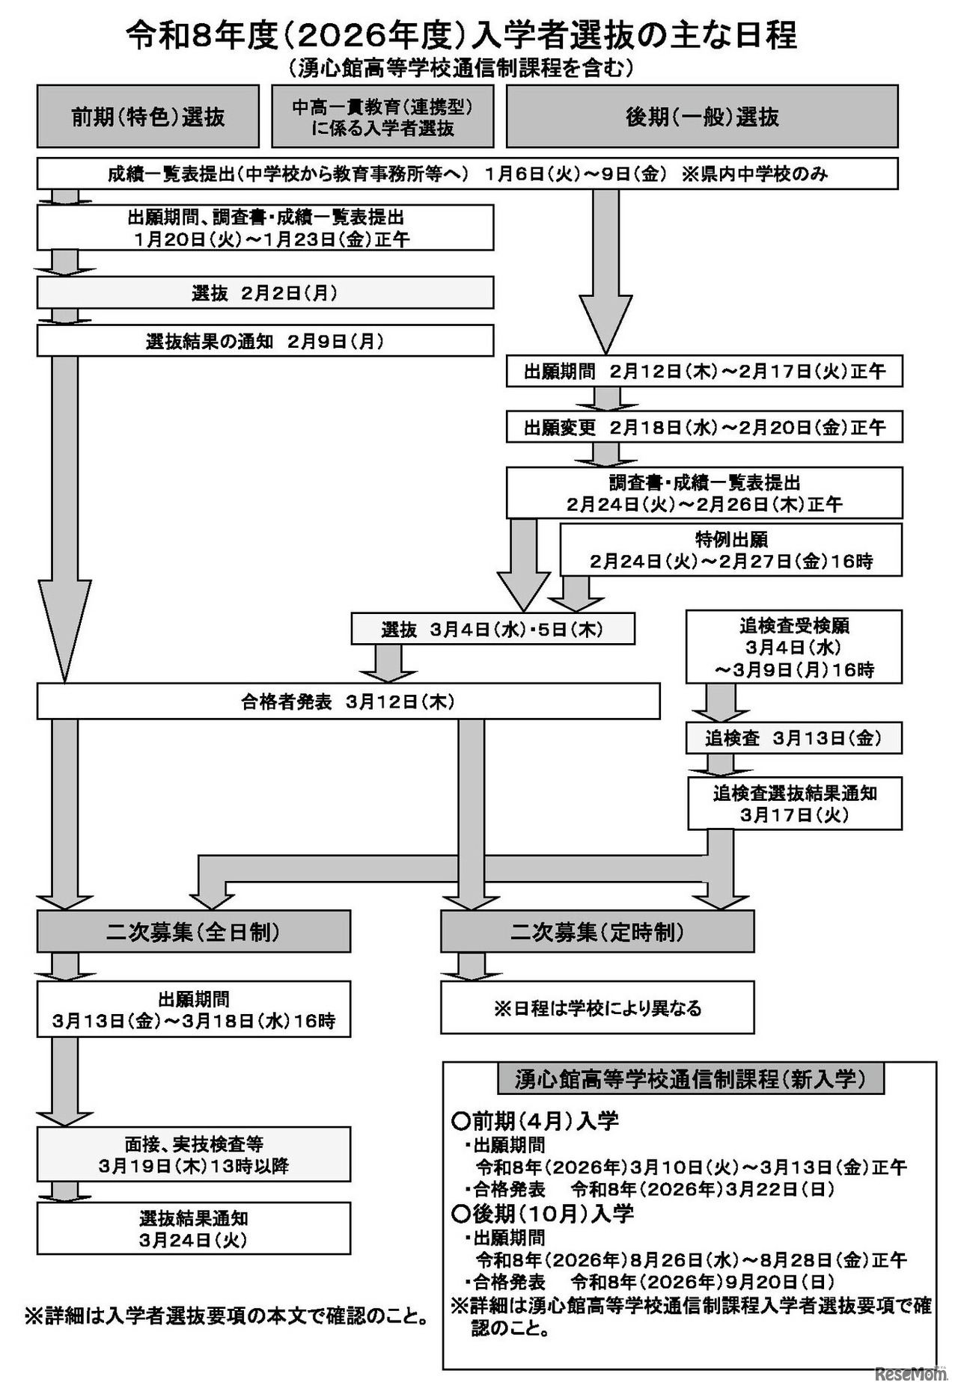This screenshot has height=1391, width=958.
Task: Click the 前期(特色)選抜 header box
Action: click(147, 117)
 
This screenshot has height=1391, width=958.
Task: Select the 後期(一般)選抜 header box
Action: click(701, 117)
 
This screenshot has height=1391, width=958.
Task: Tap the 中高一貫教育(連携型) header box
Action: click(382, 117)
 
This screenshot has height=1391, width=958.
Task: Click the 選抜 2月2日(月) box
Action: click(265, 292)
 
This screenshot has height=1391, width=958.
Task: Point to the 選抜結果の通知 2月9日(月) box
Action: click(265, 341)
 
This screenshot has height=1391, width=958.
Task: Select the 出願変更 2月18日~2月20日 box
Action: click(704, 427)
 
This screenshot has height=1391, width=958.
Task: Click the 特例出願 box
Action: click(730, 550)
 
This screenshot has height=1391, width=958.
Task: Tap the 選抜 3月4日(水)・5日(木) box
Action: click(492, 629)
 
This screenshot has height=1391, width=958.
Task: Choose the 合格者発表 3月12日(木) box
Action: click(348, 701)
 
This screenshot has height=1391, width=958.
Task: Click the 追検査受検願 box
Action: click(793, 647)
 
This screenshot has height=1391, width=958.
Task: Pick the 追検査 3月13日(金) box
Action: click(793, 738)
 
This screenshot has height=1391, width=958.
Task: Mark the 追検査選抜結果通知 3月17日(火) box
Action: click(794, 803)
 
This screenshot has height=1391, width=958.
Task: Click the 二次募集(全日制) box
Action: click(193, 932)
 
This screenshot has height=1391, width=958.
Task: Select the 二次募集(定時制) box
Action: click(597, 932)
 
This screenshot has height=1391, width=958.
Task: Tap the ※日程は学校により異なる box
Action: click(597, 1007)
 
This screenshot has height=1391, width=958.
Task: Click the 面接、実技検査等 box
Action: click(193, 1154)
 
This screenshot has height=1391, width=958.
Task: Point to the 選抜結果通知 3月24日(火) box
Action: click(193, 1228)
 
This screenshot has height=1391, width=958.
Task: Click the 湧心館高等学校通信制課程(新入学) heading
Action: click(689, 1078)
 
